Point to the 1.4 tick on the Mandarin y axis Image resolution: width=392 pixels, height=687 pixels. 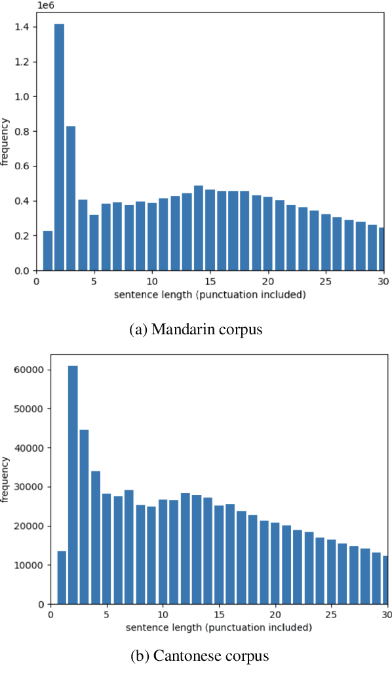(x=23, y=27)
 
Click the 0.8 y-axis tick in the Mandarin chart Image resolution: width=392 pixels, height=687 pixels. (x=23, y=131)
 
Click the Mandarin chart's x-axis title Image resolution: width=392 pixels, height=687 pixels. (x=210, y=294)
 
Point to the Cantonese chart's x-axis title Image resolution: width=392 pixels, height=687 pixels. (x=218, y=627)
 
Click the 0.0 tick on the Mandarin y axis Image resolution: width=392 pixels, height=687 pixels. (x=23, y=270)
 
